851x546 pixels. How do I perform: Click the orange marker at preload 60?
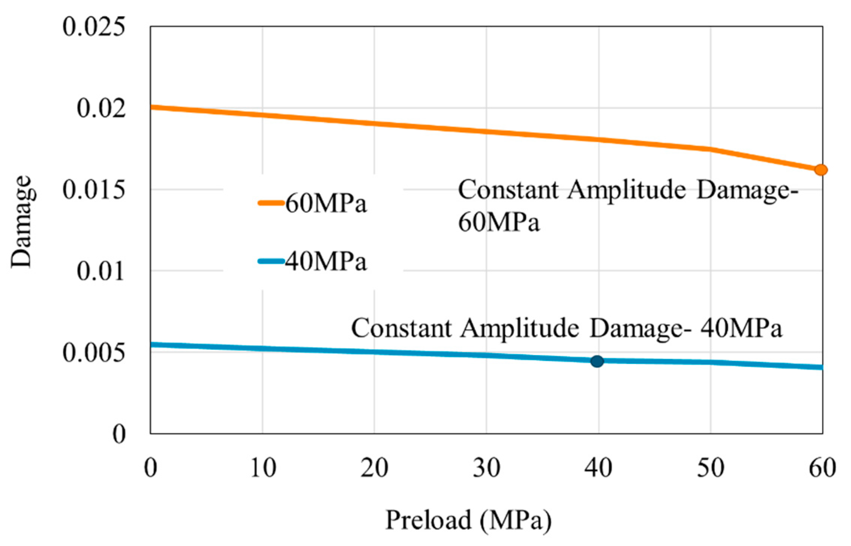pyautogui.click(x=820, y=170)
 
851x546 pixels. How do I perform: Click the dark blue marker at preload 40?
pyautogui.click(x=597, y=361)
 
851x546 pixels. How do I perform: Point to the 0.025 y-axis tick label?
pyautogui.click(x=93, y=27)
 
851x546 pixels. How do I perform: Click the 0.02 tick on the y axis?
pyautogui.click(x=100, y=108)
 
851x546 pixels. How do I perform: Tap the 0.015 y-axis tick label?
pyautogui.click(x=93, y=190)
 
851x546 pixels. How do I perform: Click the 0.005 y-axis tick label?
pyautogui.click(x=93, y=353)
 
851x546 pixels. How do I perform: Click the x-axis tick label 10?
pyautogui.click(x=263, y=468)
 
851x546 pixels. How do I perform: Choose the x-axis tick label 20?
pyautogui.click(x=374, y=468)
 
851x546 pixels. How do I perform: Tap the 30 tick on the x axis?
pyautogui.click(x=486, y=468)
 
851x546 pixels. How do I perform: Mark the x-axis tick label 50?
pyautogui.click(x=710, y=468)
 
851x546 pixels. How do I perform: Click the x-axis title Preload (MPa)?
pyautogui.click(x=468, y=520)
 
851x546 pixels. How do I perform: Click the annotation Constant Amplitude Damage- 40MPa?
pyautogui.click(x=566, y=328)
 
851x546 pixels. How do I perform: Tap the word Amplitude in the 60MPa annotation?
pyautogui.click(x=626, y=190)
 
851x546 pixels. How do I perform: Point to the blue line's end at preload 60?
pyautogui.click(x=821, y=367)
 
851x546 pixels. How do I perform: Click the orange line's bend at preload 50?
pyautogui.click(x=710, y=149)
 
